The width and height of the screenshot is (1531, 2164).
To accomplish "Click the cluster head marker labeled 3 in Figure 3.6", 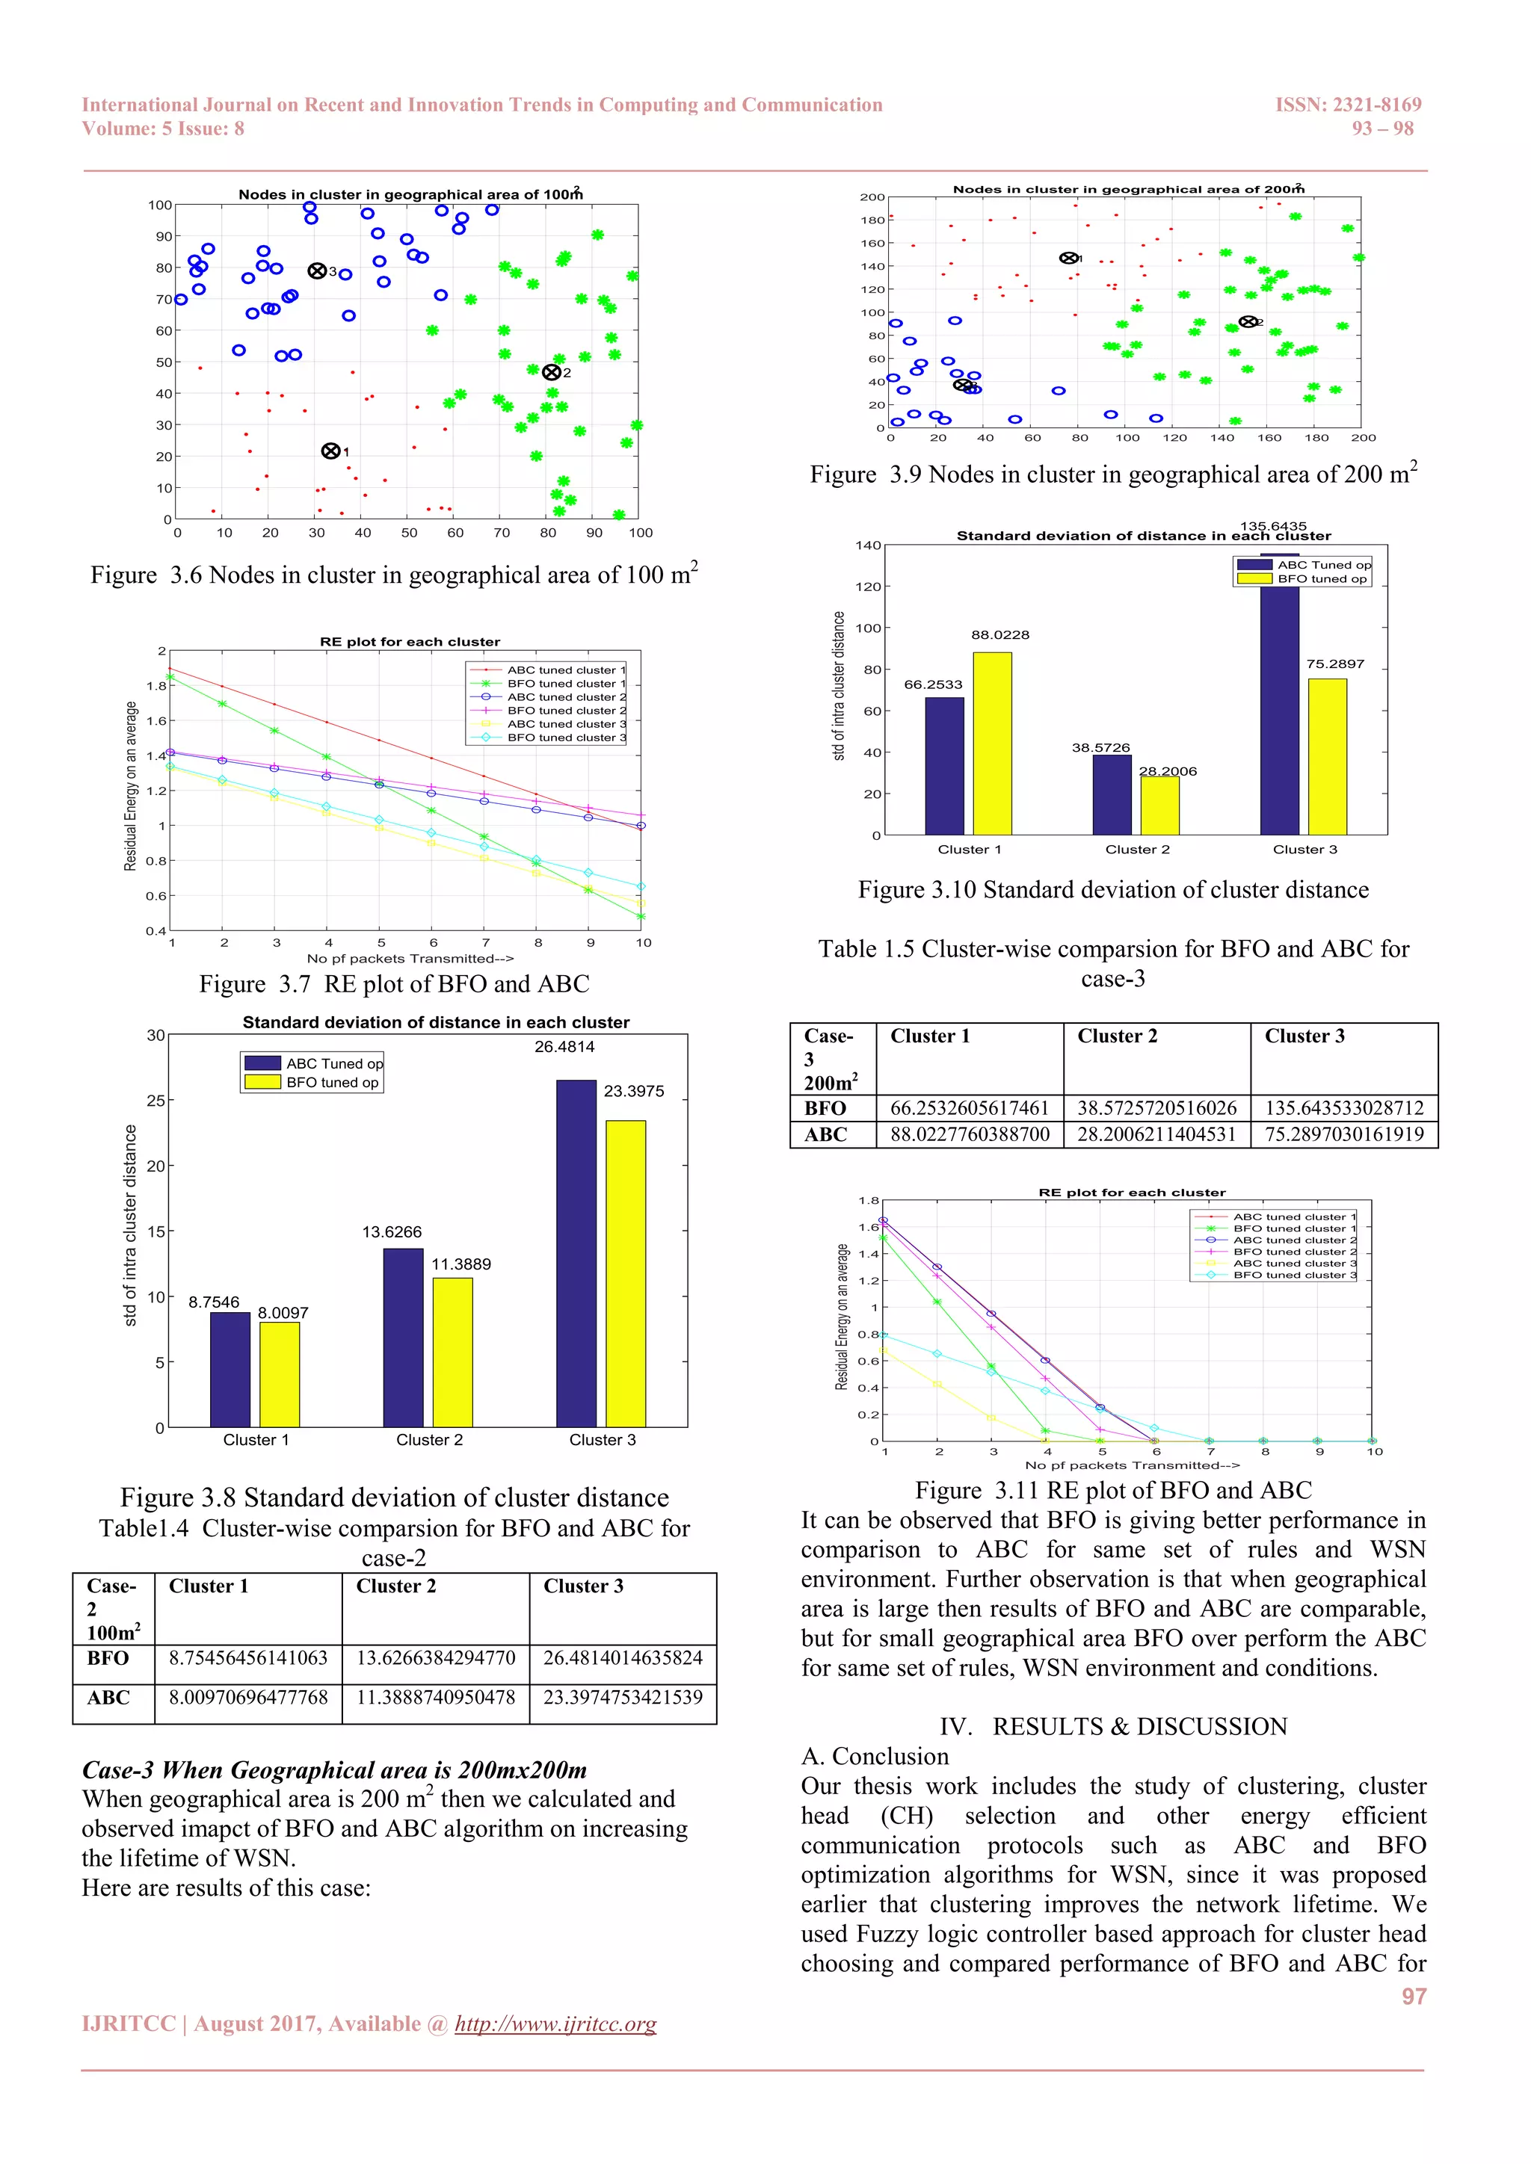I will [318, 271].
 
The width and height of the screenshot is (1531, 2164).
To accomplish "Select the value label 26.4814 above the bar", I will [564, 1046].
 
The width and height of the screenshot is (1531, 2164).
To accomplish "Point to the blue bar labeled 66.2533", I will [945, 765].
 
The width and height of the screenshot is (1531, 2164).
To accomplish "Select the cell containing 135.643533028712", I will [1344, 1107].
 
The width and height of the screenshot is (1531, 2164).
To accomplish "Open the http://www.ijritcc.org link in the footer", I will [555, 2024].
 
